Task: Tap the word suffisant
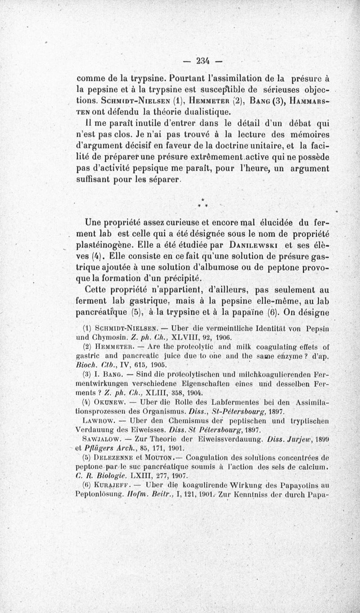click(x=96, y=180)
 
